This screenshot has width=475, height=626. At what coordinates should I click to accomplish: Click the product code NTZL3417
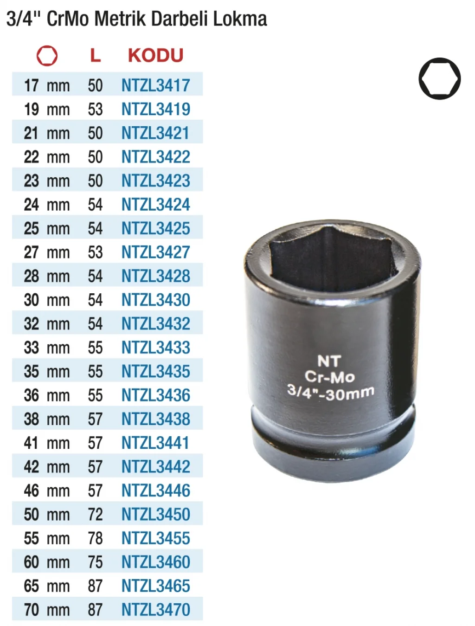pos(155,85)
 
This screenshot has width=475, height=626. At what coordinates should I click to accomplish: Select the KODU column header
pos(155,55)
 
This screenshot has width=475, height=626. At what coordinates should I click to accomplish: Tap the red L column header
pos(95,55)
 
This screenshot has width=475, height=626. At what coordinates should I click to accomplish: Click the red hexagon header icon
pos(47,56)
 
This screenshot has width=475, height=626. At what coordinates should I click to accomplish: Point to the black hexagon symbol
pos(439,78)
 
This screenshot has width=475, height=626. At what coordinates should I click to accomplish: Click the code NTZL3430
pos(155,300)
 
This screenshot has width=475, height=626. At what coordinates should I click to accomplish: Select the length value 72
pos(95,514)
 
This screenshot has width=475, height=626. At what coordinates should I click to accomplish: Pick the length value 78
pos(95,538)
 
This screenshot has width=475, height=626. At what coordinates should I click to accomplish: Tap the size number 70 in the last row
pos(32,610)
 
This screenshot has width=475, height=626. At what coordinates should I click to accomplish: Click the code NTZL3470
pos(155,610)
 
